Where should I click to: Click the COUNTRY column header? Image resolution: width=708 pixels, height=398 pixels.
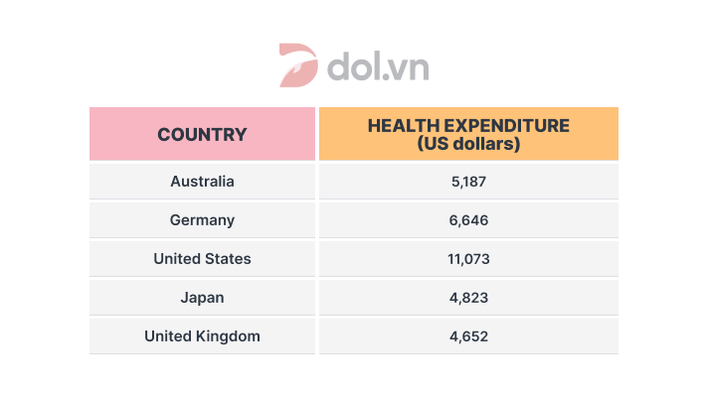tap(202, 134)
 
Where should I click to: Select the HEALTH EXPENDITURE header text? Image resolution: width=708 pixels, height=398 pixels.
tap(468, 126)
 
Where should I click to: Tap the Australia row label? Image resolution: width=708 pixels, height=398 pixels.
tap(202, 182)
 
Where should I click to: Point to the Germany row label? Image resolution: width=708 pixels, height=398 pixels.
tap(202, 220)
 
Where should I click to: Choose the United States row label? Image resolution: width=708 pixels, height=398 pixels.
tap(202, 259)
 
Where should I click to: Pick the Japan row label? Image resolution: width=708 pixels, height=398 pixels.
tap(202, 298)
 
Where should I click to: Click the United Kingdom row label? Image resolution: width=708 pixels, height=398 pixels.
tap(202, 336)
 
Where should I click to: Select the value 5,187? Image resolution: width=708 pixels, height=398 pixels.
tap(468, 182)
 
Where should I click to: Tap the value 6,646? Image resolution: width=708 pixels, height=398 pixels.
tap(468, 220)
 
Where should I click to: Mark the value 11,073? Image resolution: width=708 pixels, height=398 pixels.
tap(468, 259)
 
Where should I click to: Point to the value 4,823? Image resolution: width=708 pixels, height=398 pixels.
tap(468, 298)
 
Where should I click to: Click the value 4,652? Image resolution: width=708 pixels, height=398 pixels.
tap(468, 336)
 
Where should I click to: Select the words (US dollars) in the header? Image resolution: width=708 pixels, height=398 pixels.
tap(468, 145)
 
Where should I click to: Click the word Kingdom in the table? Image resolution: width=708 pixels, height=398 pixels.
tap(227, 336)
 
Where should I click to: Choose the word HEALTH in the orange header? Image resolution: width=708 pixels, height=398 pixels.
tap(400, 126)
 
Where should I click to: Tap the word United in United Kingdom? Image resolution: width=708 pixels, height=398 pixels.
tap(166, 336)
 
